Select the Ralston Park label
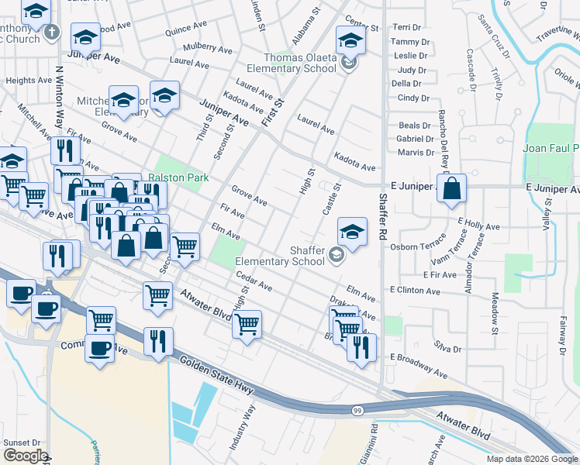(178, 177)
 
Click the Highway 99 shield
(356, 409)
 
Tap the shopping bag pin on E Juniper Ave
(451, 188)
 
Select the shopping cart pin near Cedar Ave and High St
(247, 323)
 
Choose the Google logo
(26, 456)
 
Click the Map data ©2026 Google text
(532, 459)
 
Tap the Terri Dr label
(408, 27)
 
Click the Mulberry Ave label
(208, 49)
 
